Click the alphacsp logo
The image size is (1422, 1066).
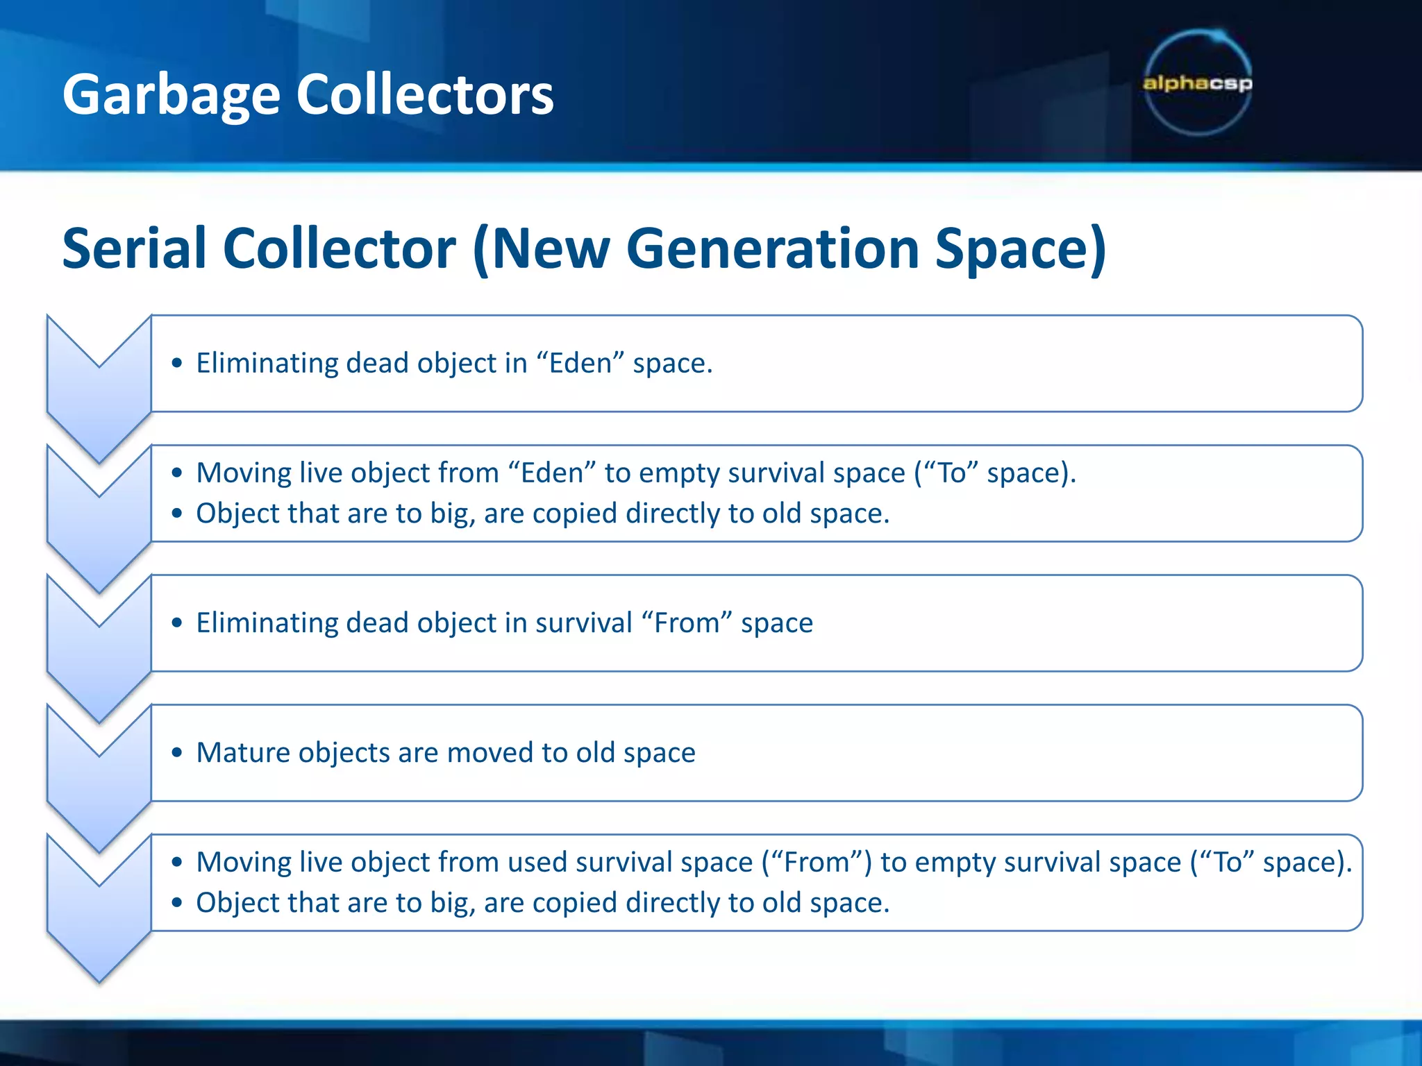(x=1198, y=83)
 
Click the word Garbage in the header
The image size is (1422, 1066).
(x=171, y=95)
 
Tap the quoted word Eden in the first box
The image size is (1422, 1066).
(x=580, y=363)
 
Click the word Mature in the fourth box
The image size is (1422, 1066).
(x=240, y=752)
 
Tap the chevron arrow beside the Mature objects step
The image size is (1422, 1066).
(x=99, y=777)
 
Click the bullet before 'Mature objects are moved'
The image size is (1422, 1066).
(x=178, y=752)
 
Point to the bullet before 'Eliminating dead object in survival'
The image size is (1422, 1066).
(x=178, y=623)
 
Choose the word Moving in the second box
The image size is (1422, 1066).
(x=244, y=473)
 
